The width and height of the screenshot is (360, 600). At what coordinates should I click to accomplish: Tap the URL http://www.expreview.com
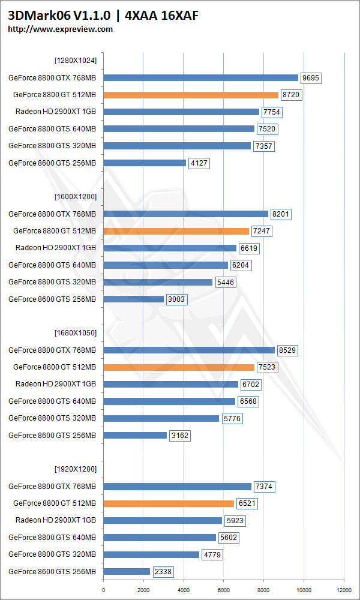(x=60, y=29)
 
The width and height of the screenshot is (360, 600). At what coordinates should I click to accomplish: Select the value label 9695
(x=311, y=77)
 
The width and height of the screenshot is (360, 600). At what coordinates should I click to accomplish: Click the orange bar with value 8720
(x=191, y=95)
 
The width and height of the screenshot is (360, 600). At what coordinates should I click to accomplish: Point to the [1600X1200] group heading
(x=75, y=196)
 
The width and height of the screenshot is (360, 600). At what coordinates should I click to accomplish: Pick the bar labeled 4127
(x=145, y=163)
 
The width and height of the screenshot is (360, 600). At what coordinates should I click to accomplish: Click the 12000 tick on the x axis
(x=344, y=581)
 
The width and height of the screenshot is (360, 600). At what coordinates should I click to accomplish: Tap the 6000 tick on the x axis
(x=224, y=581)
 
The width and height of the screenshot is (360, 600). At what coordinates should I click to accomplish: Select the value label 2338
(x=163, y=572)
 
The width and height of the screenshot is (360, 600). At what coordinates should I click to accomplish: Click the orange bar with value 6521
(x=169, y=503)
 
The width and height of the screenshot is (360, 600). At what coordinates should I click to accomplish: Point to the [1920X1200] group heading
(x=75, y=469)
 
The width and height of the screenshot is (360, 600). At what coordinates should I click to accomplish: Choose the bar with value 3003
(x=133, y=299)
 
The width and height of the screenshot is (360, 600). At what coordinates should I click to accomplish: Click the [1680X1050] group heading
(x=75, y=332)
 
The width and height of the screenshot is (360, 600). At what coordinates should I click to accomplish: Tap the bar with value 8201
(x=185, y=214)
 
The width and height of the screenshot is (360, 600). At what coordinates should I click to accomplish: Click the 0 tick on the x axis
(x=104, y=581)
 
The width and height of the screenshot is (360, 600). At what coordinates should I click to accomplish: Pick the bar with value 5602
(x=160, y=538)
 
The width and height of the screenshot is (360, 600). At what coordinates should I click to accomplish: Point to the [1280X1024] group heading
(x=75, y=60)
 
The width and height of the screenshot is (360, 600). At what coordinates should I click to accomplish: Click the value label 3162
(x=179, y=436)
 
